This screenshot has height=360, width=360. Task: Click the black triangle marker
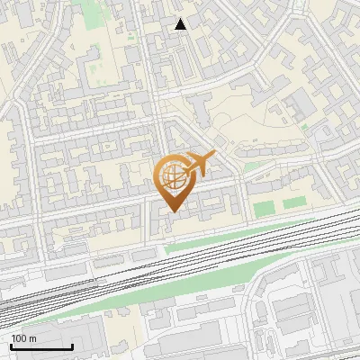pos(181,24)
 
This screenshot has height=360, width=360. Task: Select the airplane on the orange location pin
pos(197,165)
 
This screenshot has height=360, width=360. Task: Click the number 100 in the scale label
pos(20,338)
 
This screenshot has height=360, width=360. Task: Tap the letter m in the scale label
pos(32,338)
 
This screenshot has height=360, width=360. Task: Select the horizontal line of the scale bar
pos(40,347)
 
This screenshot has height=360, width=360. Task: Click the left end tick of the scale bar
pos(10,346)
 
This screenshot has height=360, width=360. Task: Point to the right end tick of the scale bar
pos(72,346)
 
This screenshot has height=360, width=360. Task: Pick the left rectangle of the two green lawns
pos(263,210)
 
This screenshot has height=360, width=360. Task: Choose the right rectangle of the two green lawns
pos(293,204)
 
